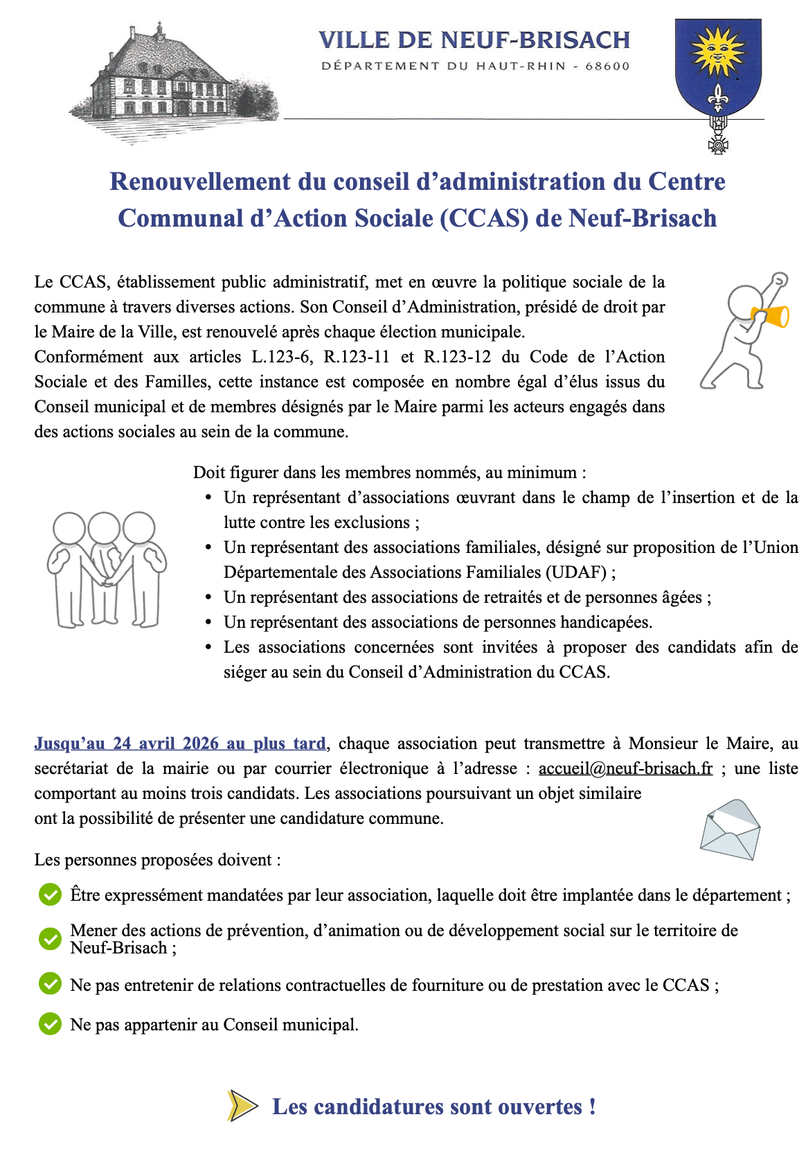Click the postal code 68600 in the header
coord(607,67)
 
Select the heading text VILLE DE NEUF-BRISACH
coord(474,40)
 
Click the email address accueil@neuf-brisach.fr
coord(625,768)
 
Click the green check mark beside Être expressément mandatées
coord(50,895)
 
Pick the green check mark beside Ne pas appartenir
coord(50,1023)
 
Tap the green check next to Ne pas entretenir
coord(50,984)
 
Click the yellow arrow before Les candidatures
coord(242,1105)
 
